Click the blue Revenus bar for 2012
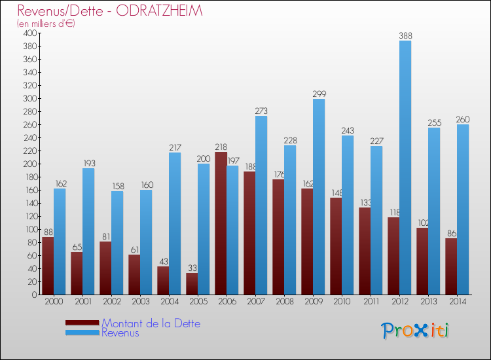pyautogui.click(x=405, y=168)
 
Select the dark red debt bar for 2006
pyautogui.click(x=221, y=223)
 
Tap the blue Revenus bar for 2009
pyautogui.click(x=319, y=196)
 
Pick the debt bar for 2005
pyautogui.click(x=192, y=283)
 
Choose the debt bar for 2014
pyautogui.click(x=451, y=266)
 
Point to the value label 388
pyautogui.click(x=405, y=35)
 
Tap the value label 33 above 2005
pyautogui.click(x=192, y=268)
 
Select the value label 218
pyautogui.click(x=221, y=147)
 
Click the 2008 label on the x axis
pyautogui.click(x=284, y=302)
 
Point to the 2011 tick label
pyautogui.click(x=371, y=302)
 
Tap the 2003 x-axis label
pyautogui.click(x=140, y=302)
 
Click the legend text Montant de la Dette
pyautogui.click(x=151, y=323)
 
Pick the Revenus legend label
pyautogui.click(x=120, y=333)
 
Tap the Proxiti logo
pyautogui.click(x=415, y=331)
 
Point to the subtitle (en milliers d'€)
pyautogui.click(x=46, y=24)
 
